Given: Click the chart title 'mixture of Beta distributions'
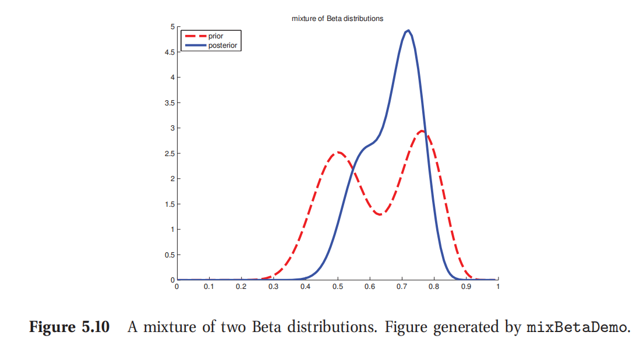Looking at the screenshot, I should (337, 19).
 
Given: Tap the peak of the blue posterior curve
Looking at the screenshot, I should (408, 31).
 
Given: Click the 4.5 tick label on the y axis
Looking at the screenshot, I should (169, 52).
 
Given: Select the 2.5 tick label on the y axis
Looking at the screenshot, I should (169, 153).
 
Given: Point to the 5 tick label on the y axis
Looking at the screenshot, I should (172, 27).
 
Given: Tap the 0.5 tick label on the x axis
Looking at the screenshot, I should (337, 287).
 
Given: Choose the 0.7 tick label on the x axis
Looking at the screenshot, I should (401, 287).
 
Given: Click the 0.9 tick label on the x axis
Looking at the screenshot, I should (465, 287).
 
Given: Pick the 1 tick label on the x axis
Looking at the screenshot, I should (498, 287).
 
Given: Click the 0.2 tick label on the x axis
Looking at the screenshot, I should (241, 287).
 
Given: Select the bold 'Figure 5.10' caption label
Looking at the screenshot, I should (69, 327).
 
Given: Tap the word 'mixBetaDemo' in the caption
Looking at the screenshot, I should (577, 327).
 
